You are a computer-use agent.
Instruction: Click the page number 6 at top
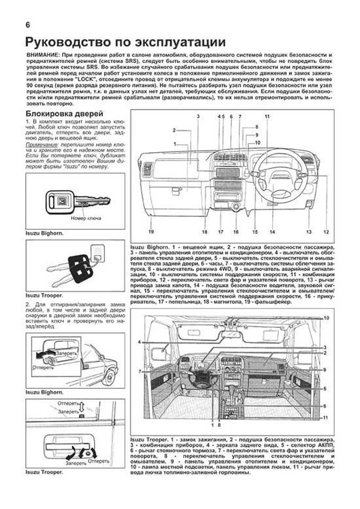click(28, 25)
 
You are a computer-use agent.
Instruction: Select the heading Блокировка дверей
click(64, 114)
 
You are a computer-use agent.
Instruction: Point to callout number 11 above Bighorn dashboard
click(267, 116)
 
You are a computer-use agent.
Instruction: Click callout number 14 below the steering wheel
click(272, 232)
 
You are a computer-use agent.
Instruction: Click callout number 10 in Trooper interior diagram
click(326, 318)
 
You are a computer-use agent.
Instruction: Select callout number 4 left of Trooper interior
click(139, 342)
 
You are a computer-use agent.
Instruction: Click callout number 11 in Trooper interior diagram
click(326, 418)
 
